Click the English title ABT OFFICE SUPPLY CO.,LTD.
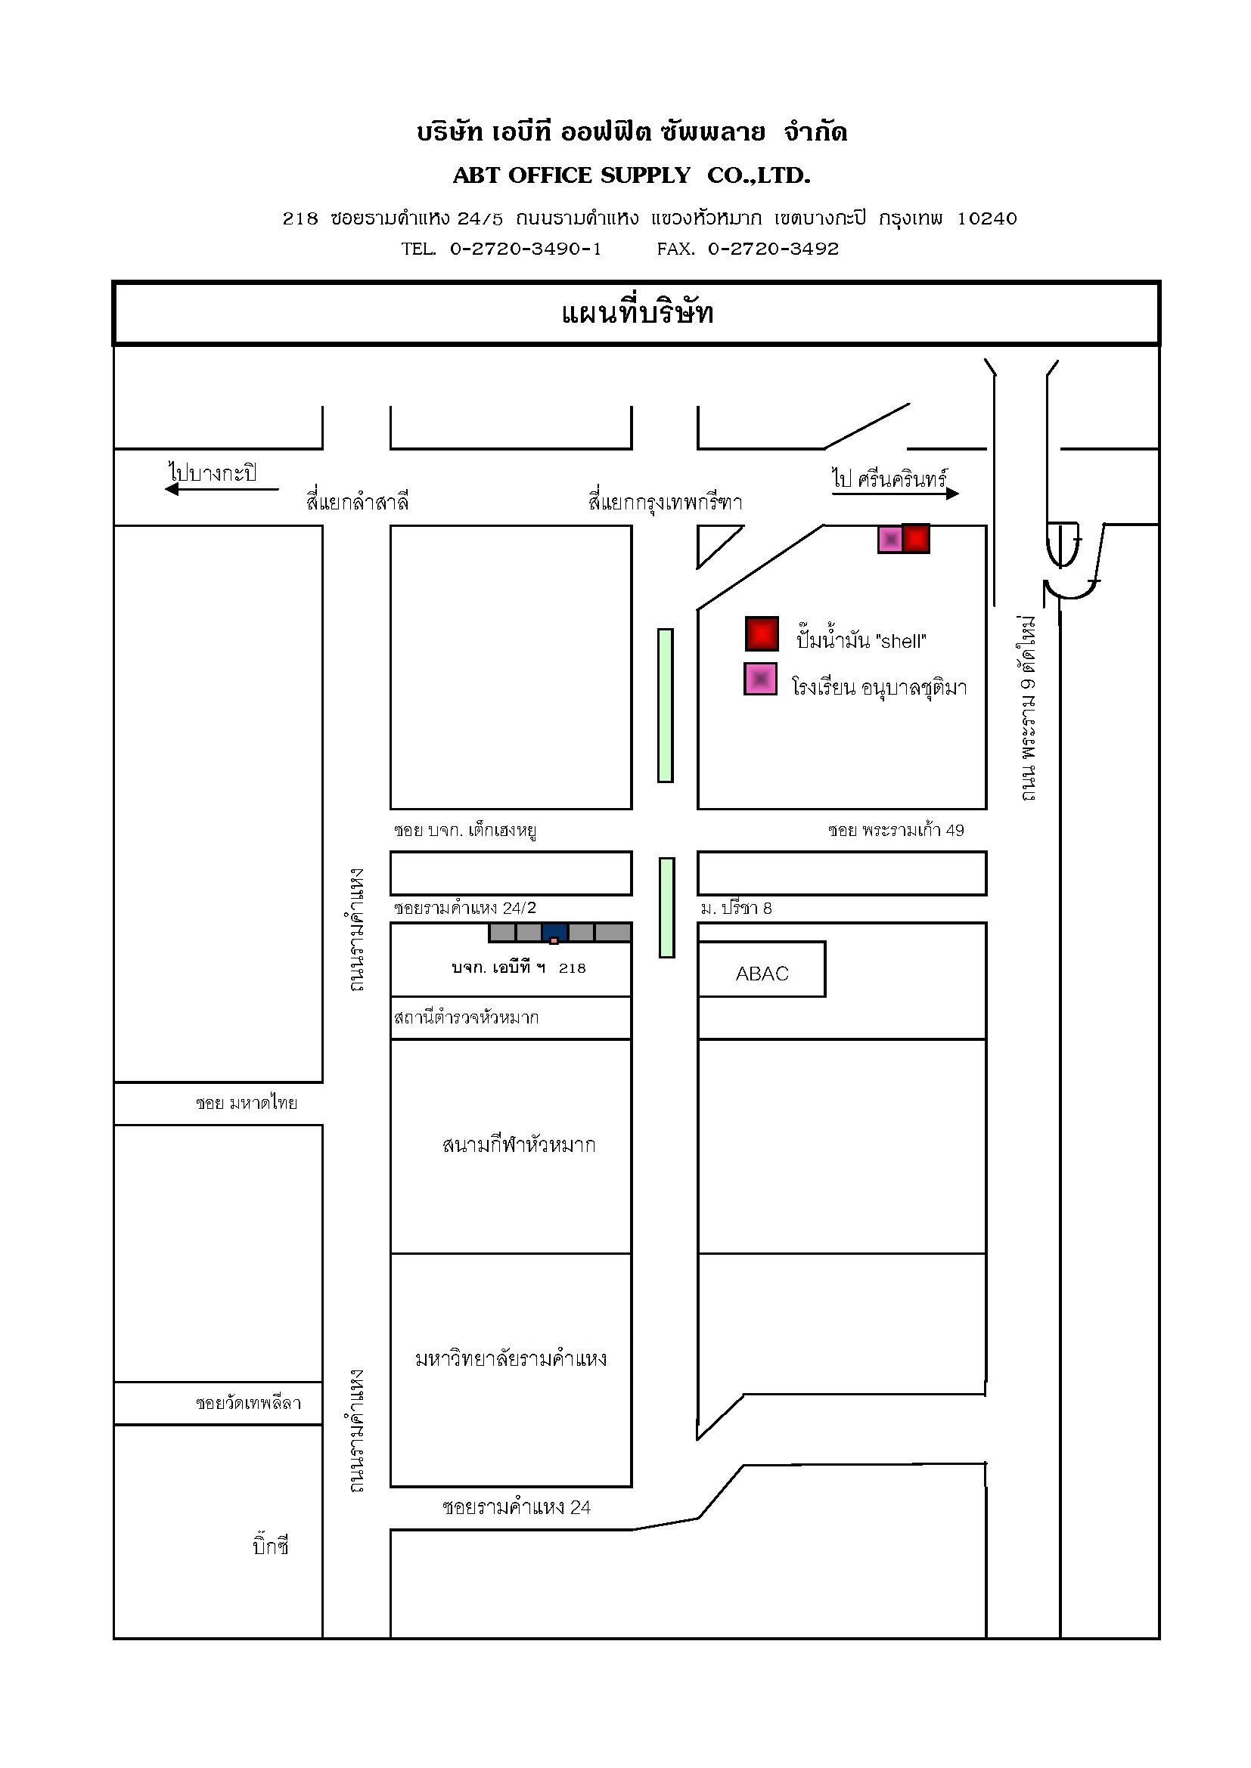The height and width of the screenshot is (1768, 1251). [632, 175]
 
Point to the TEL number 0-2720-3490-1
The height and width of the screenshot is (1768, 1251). [526, 249]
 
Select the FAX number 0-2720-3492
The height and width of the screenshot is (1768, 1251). [774, 249]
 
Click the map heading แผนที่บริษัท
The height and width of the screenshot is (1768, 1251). [638, 314]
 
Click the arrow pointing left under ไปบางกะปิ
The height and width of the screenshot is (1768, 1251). [222, 488]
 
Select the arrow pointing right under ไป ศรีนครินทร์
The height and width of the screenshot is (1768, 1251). [896, 493]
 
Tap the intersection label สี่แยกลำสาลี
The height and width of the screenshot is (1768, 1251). [358, 503]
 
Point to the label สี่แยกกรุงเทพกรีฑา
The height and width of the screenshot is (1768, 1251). [665, 503]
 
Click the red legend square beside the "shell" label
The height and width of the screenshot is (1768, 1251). [762, 633]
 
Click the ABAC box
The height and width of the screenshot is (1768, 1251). [762, 970]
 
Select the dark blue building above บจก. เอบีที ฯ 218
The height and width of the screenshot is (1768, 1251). [554, 933]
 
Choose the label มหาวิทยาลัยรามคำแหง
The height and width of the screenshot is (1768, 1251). [511, 1358]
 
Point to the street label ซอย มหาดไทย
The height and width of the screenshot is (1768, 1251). [247, 1103]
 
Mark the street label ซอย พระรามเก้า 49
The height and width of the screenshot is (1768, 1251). [896, 830]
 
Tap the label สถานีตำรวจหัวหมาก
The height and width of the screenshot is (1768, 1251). [466, 1017]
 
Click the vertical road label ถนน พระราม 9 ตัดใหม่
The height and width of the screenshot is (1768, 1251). [1027, 708]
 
